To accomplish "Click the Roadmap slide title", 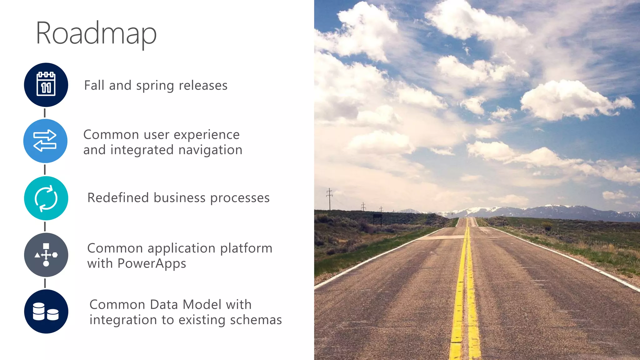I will (x=96, y=33).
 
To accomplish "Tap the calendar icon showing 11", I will (x=46, y=85).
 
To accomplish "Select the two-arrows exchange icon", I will (x=45, y=141).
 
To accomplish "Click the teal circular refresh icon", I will (x=46, y=198).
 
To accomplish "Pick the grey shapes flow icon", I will (x=46, y=255).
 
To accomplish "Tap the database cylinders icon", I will (x=46, y=311).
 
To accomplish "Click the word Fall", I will (x=94, y=85).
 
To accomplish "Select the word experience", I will (x=207, y=135).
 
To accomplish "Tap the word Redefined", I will (x=118, y=198).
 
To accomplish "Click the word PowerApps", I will (x=152, y=263).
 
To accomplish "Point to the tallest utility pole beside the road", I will (x=329, y=199).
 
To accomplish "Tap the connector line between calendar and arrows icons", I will (x=45, y=113).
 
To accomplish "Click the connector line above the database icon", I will (x=45, y=283).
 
